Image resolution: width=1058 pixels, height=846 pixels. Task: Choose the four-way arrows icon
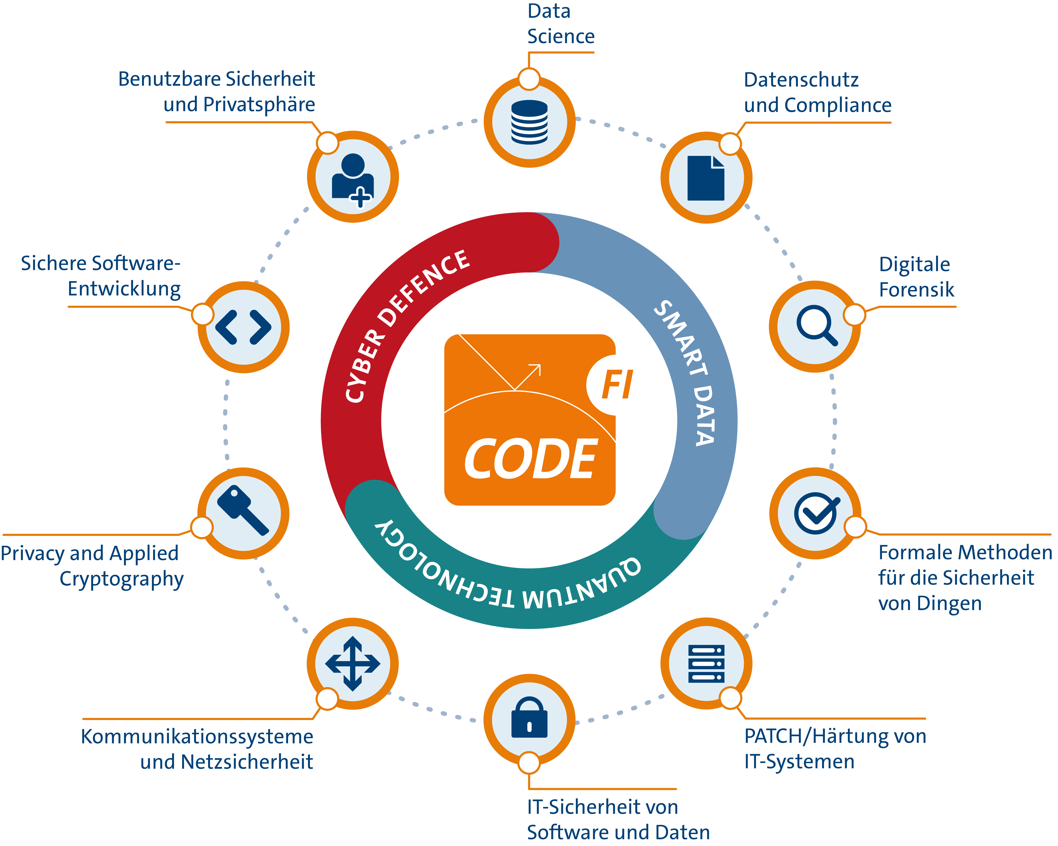(x=352, y=663)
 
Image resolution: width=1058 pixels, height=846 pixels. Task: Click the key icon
(x=243, y=510)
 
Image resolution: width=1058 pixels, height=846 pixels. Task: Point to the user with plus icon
(x=352, y=179)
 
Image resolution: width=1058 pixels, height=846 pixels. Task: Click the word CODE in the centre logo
(x=530, y=459)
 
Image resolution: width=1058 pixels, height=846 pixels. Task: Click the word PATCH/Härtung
(x=805, y=736)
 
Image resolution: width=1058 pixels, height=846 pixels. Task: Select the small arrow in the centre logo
(x=528, y=376)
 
